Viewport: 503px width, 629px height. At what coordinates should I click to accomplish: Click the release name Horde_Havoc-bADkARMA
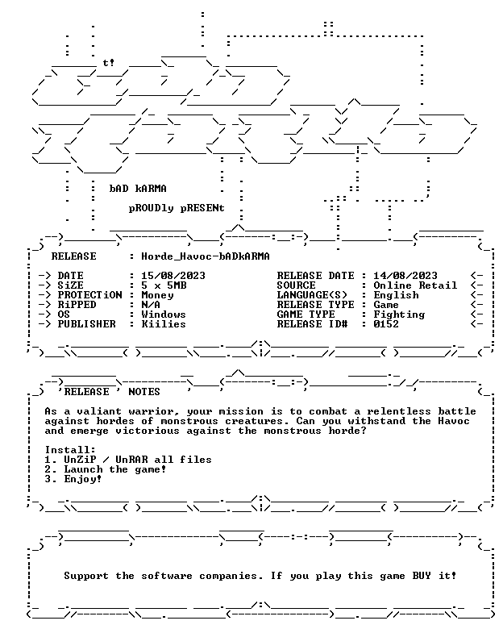coord(206,256)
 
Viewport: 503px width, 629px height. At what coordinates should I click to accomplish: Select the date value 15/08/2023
coord(173,276)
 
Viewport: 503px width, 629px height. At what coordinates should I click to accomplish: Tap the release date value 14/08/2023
coord(405,276)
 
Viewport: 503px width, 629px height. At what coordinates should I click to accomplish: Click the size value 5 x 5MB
coord(164,285)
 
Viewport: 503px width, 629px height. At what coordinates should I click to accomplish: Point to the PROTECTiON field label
coord(89,295)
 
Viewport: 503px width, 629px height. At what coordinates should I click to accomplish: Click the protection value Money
coord(157,295)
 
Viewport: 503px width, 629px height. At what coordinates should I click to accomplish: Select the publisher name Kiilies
coord(164,323)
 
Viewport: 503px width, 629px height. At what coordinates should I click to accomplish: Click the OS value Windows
coord(164,314)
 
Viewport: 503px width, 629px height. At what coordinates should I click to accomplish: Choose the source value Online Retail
coord(415,285)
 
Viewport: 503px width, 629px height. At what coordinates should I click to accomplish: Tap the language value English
coord(396,295)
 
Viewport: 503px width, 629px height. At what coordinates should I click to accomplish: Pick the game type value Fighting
coord(399,314)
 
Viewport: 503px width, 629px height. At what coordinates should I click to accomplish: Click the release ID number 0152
coord(386,323)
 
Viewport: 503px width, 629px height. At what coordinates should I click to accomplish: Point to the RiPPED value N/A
coord(151,305)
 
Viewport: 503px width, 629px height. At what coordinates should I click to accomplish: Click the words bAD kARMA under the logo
coord(138,189)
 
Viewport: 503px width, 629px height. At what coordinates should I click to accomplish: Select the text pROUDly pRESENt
coord(177,208)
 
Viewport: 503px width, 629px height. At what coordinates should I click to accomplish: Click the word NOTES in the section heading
coord(144,392)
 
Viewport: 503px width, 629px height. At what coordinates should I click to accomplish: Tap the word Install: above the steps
coord(71,450)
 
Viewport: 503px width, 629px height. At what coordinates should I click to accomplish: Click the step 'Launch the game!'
coord(115,469)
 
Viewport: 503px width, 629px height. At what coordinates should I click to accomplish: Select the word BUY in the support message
coord(422,576)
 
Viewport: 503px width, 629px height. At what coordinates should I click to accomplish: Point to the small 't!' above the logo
coord(108,63)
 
